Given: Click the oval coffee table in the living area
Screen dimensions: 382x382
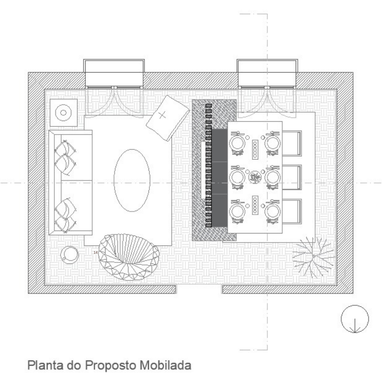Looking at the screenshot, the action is tap(132, 180).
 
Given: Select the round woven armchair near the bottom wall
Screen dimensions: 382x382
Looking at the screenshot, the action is tap(129, 257).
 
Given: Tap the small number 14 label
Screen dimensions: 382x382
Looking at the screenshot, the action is tap(95, 253).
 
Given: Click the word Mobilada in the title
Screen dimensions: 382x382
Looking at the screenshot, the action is tap(166, 365).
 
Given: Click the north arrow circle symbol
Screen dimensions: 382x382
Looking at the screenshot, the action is tap(355, 319).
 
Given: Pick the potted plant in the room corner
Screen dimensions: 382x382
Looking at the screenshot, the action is tap(313, 257).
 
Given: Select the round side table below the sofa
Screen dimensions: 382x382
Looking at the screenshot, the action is tap(70, 255).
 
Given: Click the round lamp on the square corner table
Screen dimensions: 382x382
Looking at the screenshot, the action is tap(63, 112).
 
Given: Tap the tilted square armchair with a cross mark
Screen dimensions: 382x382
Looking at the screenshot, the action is tap(168, 118).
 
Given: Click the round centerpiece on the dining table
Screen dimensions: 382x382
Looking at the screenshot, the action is tap(255, 177).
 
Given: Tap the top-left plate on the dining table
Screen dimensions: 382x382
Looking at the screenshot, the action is tap(237, 143).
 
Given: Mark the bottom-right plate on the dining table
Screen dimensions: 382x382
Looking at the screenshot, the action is tap(272, 211).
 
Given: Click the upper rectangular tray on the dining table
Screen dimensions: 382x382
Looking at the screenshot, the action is tap(255, 150).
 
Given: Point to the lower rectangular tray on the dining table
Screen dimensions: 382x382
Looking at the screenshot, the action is tap(255, 205).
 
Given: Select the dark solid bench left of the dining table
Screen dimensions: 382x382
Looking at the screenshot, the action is tap(220, 178).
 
